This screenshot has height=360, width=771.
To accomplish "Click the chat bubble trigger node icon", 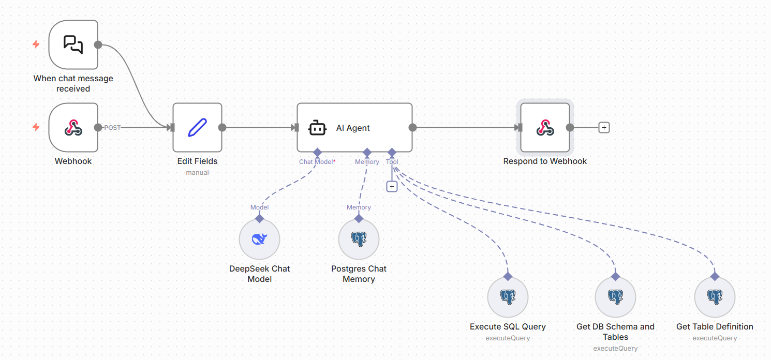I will [73, 44].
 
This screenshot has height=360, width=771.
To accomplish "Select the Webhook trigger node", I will [73, 127].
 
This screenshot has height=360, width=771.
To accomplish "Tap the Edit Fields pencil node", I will [197, 127].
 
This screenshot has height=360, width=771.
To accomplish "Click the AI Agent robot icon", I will [317, 128].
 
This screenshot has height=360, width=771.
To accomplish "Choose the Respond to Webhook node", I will [545, 127].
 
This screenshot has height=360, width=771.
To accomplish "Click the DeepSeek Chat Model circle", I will [259, 239].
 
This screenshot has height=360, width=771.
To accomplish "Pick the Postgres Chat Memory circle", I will [359, 239].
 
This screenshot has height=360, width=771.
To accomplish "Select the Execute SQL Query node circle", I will [508, 297].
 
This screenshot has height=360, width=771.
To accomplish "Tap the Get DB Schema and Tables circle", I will [615, 297].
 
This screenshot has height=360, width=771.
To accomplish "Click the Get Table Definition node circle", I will [715, 297].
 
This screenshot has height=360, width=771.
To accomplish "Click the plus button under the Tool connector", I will [392, 186].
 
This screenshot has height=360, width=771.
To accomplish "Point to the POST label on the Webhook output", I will [112, 128].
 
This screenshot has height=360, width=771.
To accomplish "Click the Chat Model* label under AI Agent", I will [317, 162].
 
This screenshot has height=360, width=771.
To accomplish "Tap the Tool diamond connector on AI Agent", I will [392, 153].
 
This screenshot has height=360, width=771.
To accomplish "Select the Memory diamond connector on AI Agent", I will [367, 153].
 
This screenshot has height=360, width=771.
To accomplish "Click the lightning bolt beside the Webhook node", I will [36, 127].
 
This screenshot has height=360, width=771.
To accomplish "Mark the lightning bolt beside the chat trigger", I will [36, 44].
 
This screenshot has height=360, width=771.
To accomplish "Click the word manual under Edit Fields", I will [197, 172].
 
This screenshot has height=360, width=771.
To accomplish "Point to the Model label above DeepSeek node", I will [259, 207].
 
